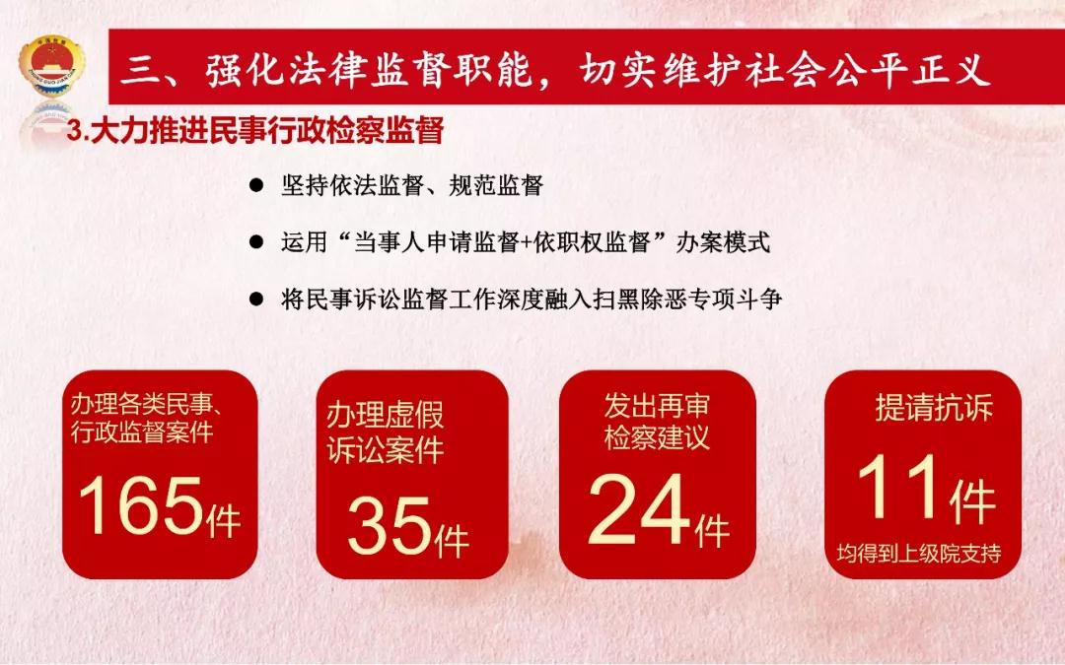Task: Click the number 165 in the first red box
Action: coord(141,504)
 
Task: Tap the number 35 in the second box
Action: coord(389,525)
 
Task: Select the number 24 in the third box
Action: coord(639,509)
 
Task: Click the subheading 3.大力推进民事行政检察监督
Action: coord(254,130)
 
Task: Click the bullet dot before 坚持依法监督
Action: coord(256,184)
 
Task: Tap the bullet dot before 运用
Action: coord(256,241)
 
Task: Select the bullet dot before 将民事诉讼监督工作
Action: coord(256,299)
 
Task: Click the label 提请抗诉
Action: coord(934,407)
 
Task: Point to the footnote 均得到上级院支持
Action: coord(919,553)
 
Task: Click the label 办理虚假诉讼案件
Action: coord(386,432)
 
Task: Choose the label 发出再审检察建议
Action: coord(657,422)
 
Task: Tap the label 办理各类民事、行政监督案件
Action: coord(146,418)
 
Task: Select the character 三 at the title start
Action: coord(139,70)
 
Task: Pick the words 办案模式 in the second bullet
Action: coord(723,241)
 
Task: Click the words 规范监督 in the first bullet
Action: coord(496,184)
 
